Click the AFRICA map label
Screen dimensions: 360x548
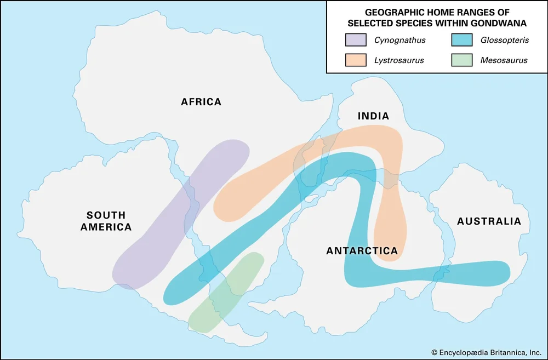[x=201, y=102]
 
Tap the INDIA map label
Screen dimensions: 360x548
[x=373, y=116]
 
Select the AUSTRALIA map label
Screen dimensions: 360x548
[x=489, y=221]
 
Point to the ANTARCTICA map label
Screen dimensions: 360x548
[x=362, y=251]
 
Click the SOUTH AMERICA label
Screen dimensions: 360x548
[x=106, y=221]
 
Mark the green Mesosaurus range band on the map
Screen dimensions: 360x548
[x=226, y=292]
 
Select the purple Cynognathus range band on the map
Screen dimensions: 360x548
[x=181, y=214]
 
